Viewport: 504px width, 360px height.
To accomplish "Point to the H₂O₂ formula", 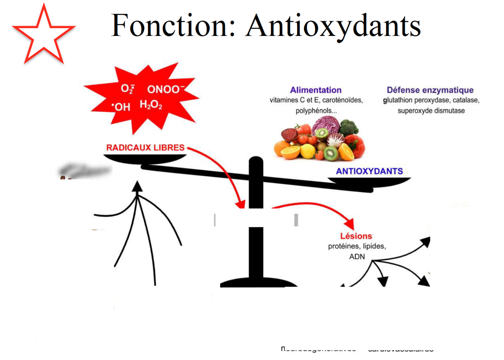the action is coord(151,104).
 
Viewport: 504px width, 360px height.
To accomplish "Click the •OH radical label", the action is coord(121,107).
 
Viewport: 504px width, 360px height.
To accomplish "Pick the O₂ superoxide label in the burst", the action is coord(127,89).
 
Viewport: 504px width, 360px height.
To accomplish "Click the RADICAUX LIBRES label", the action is coord(145,147).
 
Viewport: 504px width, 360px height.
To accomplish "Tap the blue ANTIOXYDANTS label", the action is coord(369,171).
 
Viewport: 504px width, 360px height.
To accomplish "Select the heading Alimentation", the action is coord(315,90).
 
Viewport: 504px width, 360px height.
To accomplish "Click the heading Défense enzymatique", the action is coord(430,90).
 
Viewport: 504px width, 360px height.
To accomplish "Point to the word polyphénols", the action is coord(315,111).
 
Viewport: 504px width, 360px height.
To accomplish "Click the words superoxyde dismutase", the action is coord(431,111).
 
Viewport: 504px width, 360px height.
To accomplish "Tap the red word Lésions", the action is coord(356,236).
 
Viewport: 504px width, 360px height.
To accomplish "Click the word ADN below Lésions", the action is coord(357,257).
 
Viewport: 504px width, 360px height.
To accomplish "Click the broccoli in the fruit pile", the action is coord(348,127).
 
